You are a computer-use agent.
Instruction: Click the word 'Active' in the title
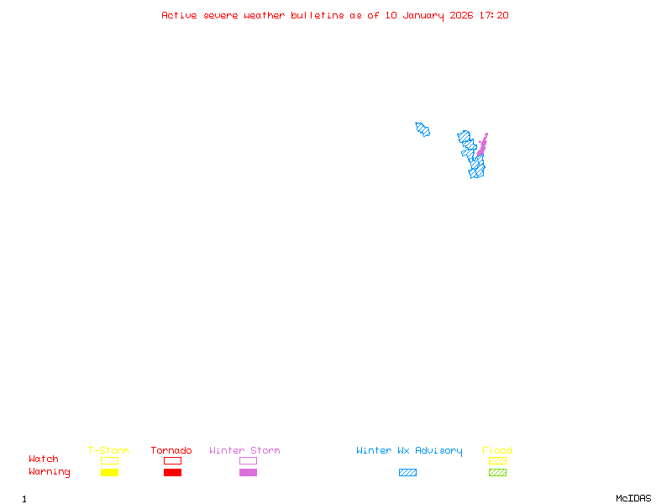click(x=180, y=15)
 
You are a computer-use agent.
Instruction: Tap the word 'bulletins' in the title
click(x=318, y=15)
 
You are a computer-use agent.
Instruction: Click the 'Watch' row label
click(x=44, y=459)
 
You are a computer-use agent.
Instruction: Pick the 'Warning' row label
click(x=50, y=472)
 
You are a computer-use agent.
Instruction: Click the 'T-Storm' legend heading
click(x=108, y=451)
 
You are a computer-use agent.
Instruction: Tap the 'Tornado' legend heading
click(x=171, y=451)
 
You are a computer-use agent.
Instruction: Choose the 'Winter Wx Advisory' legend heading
click(x=409, y=451)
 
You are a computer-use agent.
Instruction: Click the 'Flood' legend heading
click(x=497, y=451)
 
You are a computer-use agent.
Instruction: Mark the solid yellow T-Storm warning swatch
click(x=109, y=473)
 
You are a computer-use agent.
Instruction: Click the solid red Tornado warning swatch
click(x=172, y=473)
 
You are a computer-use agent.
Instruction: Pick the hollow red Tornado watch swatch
click(x=172, y=460)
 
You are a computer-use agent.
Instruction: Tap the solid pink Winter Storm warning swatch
click(x=248, y=473)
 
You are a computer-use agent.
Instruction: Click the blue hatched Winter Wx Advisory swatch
click(x=407, y=473)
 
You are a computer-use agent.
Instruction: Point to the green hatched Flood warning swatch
click(x=497, y=473)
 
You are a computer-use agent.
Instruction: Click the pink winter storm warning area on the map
click(x=482, y=146)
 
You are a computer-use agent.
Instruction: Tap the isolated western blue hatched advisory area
click(x=423, y=129)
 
